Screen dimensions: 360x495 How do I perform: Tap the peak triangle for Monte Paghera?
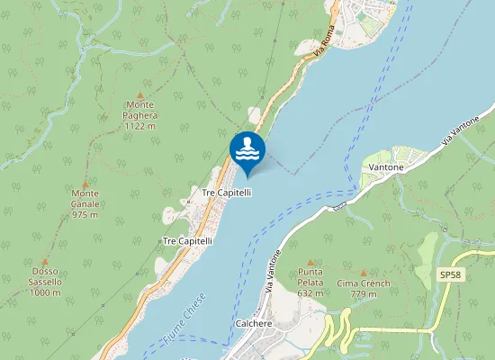click(140, 94)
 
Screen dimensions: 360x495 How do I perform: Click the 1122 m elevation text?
click(140, 127)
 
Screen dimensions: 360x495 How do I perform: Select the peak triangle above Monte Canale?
click(85, 183)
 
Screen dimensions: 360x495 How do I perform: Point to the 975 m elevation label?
click(85, 215)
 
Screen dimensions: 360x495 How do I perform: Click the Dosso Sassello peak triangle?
click(44, 260)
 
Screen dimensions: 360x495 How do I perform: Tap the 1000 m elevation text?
click(44, 292)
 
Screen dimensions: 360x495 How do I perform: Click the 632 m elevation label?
click(310, 293)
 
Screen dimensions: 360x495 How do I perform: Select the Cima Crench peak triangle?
click(364, 273)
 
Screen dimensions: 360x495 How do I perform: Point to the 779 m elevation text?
click(364, 294)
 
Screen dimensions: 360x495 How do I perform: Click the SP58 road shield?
click(449, 274)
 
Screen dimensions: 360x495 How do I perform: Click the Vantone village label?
click(384, 167)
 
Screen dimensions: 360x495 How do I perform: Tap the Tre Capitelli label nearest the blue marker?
click(226, 193)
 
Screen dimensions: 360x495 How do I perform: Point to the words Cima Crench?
click(364, 283)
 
